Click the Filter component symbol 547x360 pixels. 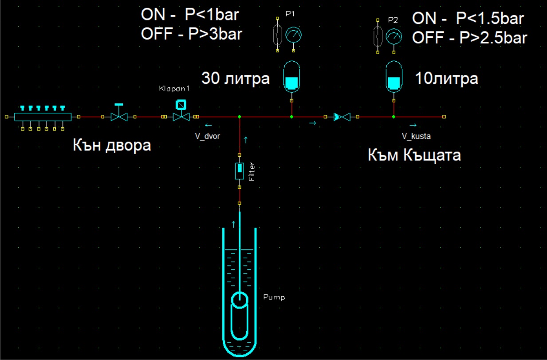tap(240, 171)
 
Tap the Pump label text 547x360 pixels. tap(274, 297)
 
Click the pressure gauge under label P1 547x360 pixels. tap(294, 35)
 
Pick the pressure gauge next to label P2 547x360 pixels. tap(394, 37)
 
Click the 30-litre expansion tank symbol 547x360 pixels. tap(291, 77)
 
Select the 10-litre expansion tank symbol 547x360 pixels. tap(394, 77)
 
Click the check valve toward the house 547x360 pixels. tap(342, 117)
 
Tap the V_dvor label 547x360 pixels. tap(207, 136)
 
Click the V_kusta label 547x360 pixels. tap(417, 136)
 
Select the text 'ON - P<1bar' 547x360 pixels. tap(190, 14)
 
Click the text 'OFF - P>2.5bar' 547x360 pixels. tap(470, 38)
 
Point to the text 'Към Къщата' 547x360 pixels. tap(414, 155)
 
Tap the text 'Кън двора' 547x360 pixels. tap(112, 145)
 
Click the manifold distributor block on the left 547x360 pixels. tap(43, 117)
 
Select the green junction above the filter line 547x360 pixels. tap(240, 117)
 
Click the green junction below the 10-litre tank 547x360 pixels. tap(394, 117)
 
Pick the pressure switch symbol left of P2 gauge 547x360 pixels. tap(378, 36)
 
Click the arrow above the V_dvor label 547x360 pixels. tap(209, 125)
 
